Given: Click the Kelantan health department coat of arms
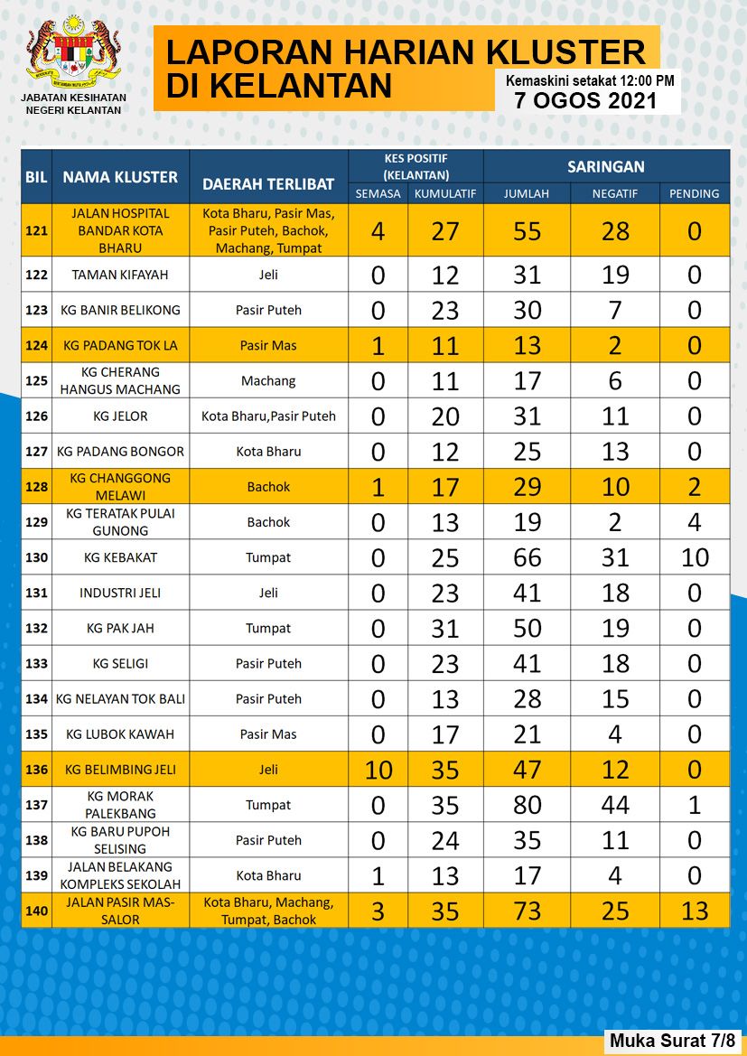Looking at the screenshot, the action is pos(73,51).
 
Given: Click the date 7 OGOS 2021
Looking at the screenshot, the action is pos(585,100).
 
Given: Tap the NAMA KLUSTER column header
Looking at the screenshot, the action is pos(120,177).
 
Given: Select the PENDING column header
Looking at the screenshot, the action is pos(694,194).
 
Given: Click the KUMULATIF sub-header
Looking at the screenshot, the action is pos(445,194).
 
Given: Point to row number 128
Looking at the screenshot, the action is pos(36,487).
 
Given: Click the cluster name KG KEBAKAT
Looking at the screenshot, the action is pos(120,557).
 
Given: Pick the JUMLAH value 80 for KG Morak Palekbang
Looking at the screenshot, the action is pos(527,805).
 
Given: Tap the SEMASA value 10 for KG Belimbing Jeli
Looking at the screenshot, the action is pos(378,770).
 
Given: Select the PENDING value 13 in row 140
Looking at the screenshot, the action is pos(694,911).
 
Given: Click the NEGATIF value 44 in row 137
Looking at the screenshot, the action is pos(615,805).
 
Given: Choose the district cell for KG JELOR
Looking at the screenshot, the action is pos(268,416).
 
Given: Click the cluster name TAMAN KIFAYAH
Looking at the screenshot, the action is pos(120,275).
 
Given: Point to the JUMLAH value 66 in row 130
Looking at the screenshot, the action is pos(527,557).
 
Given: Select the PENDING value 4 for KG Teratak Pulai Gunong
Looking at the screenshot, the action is pos(694,522).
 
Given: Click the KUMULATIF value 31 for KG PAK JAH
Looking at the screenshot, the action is pos(445,629).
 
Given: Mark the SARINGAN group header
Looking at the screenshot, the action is pos(605,166).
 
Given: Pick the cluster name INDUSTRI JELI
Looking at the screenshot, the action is pos(120,593).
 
